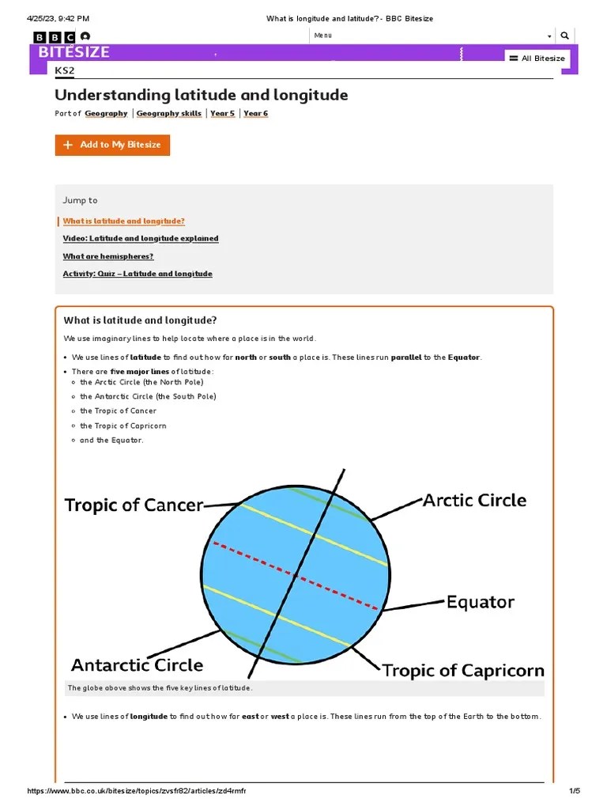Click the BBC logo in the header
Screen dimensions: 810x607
click(55, 36)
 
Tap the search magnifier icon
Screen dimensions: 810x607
click(564, 36)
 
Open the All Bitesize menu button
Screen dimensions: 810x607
click(537, 59)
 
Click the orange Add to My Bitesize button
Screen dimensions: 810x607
click(112, 145)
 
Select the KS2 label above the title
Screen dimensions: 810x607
click(64, 71)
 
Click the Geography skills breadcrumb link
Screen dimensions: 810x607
click(168, 113)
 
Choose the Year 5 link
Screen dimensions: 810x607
click(222, 113)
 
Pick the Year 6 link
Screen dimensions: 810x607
click(255, 113)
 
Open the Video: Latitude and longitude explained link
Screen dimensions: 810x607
click(141, 238)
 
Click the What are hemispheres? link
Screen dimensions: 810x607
click(108, 256)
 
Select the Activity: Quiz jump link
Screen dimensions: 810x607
click(138, 274)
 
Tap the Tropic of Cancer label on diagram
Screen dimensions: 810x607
click(134, 505)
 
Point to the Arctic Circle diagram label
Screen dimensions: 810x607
click(474, 500)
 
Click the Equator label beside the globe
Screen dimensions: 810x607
click(480, 602)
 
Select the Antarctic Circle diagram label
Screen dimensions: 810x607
click(137, 664)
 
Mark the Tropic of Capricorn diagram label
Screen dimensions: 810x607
click(463, 671)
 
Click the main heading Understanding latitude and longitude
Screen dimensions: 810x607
click(201, 95)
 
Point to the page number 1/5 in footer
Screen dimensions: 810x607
click(575, 791)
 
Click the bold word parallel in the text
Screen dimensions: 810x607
click(406, 358)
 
